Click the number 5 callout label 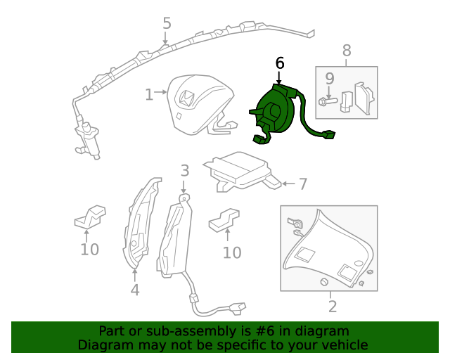point(167,23)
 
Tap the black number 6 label point(280,63)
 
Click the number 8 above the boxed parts point(346,51)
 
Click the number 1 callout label point(148,94)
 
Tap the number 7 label point(302,184)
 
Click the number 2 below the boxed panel point(332,307)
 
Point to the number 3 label point(184,170)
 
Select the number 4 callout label point(134,290)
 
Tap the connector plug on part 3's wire point(238,307)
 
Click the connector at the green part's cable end point(327,134)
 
